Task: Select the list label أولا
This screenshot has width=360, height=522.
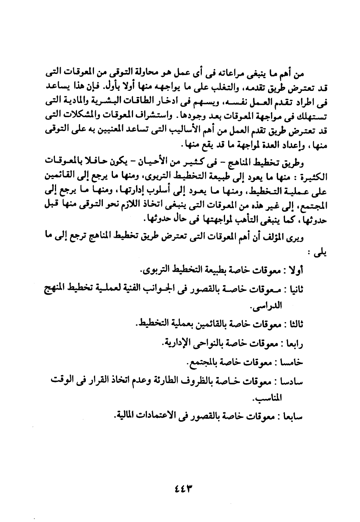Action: pyautogui.click(x=296, y=271)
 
